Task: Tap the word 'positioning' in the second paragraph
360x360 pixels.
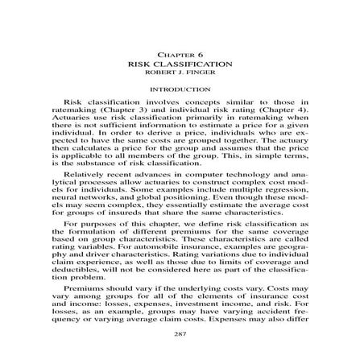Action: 182,170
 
